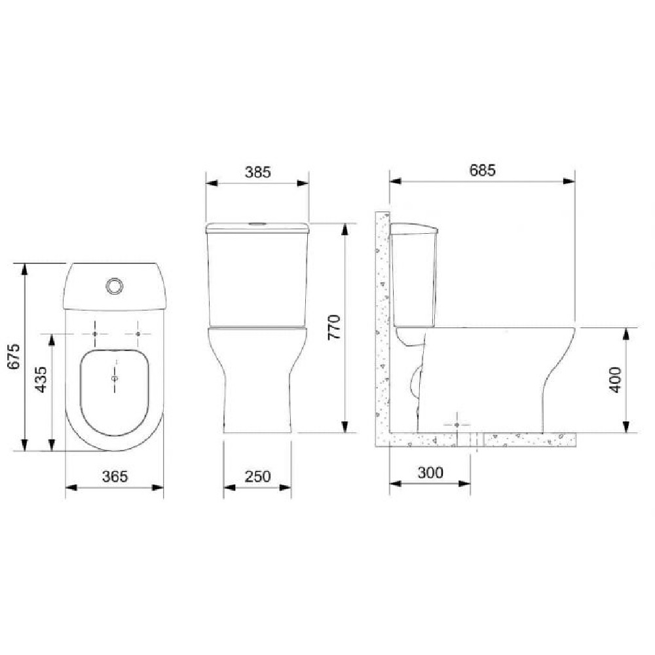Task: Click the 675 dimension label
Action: pos(14,356)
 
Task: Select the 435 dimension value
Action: pos(41,379)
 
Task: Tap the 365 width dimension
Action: pos(115,476)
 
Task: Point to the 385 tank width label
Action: pos(257,172)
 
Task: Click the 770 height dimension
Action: pos(335,327)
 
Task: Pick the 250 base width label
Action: pos(257,476)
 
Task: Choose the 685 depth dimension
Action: pos(483,170)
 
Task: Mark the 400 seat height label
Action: pos(616,380)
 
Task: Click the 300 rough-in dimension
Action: pos(430,472)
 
